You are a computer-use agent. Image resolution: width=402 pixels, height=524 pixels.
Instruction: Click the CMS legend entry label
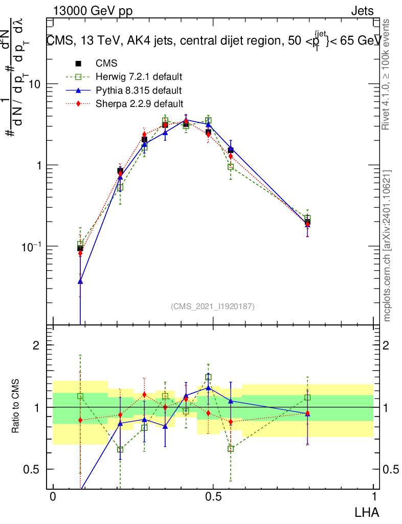tap(106, 63)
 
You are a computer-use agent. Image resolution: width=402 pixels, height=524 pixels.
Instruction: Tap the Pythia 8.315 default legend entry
tap(139, 91)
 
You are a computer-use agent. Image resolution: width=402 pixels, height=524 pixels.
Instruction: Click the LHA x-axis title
tap(367, 511)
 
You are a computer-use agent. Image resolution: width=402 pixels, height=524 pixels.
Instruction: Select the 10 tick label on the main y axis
tap(33, 84)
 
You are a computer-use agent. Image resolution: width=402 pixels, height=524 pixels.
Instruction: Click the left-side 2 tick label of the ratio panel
tap(36, 345)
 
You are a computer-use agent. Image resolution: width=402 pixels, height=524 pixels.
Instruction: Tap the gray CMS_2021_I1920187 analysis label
tap(212, 306)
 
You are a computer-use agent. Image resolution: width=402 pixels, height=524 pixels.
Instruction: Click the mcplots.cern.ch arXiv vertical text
tap(388, 246)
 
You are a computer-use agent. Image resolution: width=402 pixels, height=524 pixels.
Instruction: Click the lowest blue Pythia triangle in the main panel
tap(80, 281)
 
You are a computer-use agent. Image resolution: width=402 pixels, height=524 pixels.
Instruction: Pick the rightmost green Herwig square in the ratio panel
tap(307, 397)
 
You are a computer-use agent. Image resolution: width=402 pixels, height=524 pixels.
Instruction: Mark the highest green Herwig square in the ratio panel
tap(208, 377)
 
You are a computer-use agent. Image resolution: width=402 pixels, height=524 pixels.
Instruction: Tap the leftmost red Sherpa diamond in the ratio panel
tap(80, 420)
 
